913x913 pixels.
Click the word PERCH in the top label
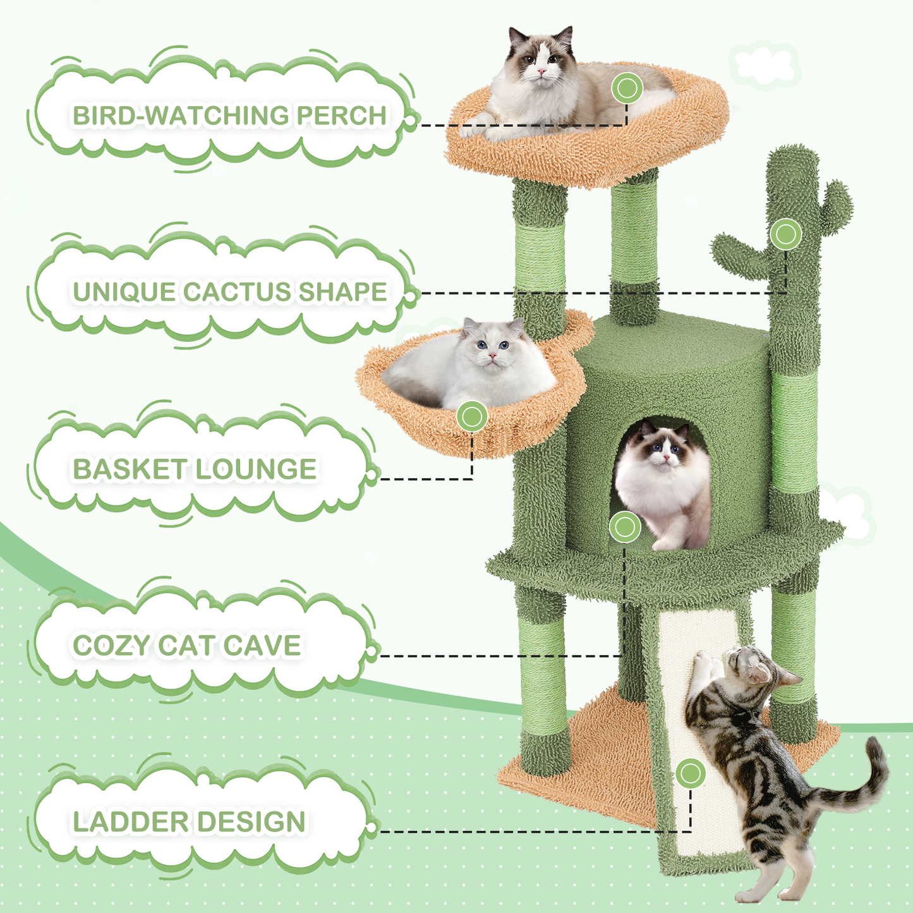pos(341,116)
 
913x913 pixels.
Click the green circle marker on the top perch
pos(627,88)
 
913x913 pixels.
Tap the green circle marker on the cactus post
pos(785,234)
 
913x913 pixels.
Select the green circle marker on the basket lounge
pos(472,417)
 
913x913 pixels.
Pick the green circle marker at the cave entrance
pos(625,527)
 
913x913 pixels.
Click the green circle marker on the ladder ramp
pos(691,773)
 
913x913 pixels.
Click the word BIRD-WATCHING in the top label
pos(180,116)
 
